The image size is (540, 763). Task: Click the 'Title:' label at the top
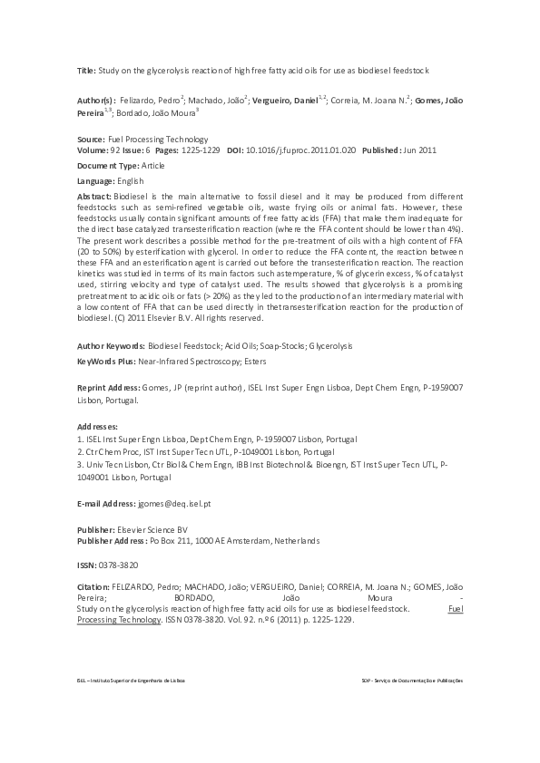[87, 70]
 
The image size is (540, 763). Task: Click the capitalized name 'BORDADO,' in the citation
[195, 598]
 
